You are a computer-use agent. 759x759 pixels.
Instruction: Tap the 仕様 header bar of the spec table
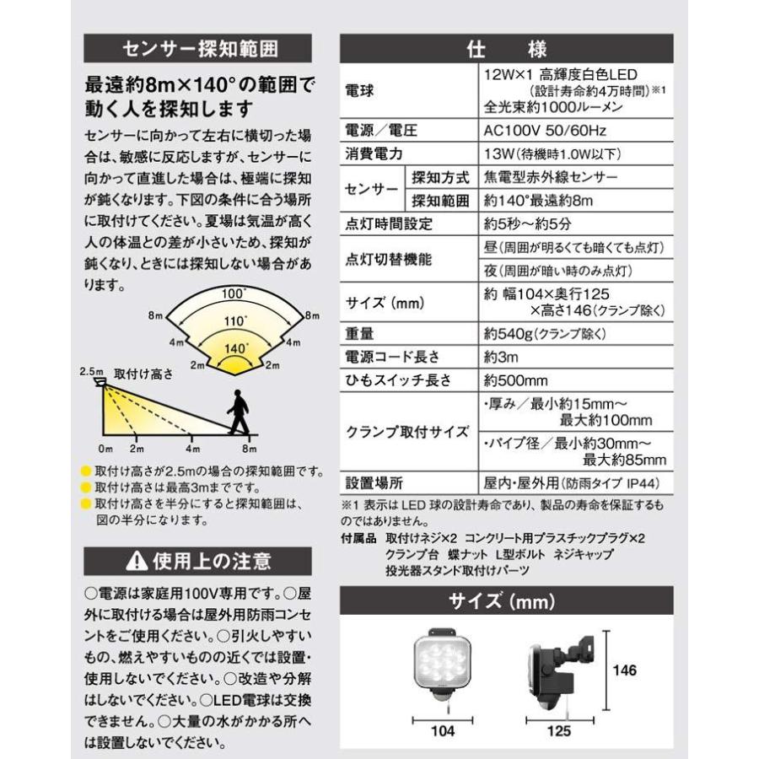pos(506,47)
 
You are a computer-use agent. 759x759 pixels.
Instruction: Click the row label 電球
pos(361,89)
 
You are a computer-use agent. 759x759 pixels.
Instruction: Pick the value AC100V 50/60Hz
pos(546,132)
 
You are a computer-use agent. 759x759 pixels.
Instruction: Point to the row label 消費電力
pos(374,154)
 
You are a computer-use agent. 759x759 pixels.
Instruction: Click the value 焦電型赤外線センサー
pos(552,177)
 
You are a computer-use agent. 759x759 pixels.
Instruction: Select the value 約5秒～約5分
pos(527,223)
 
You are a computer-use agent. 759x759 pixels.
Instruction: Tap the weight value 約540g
pos(546,333)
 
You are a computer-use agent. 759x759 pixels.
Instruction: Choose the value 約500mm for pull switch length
pos(517,379)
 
